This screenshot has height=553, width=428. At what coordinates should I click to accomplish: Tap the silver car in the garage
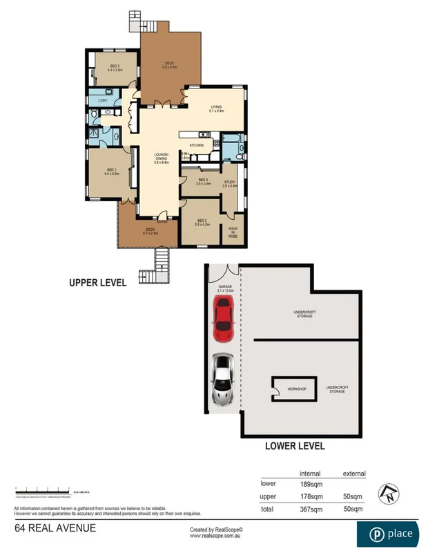pos(222,380)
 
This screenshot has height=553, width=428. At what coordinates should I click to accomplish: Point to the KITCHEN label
pos(196,145)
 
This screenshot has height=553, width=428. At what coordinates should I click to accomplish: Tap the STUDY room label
pos(230,183)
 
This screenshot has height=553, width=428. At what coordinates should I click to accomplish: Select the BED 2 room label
pos(202,223)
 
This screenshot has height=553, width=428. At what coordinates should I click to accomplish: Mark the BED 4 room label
pos(202,182)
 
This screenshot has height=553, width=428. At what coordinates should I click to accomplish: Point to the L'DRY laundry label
pos(103,101)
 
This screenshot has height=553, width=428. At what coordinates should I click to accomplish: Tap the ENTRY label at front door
pos(162,222)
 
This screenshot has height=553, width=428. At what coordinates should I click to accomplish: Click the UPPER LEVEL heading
pos(97,283)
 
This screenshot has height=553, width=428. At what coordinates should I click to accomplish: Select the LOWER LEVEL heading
pos(295,446)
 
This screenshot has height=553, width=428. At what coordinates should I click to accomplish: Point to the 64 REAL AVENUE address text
pos(55,529)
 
